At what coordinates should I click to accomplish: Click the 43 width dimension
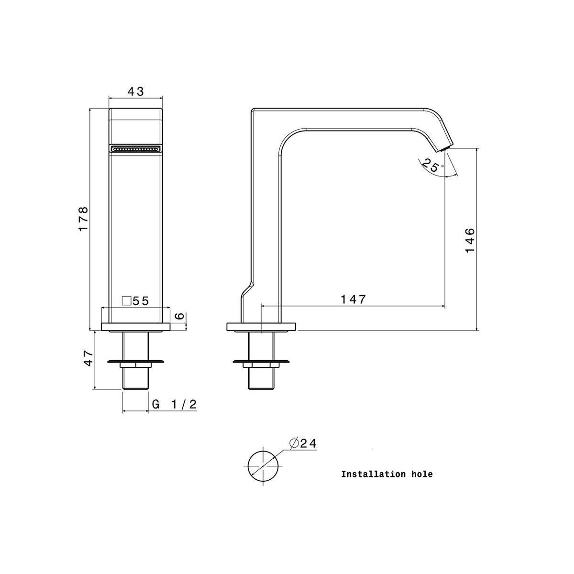[135, 91]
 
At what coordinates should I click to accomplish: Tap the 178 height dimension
[83, 218]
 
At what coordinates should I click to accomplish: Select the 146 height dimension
[470, 240]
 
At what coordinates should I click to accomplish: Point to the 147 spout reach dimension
[353, 299]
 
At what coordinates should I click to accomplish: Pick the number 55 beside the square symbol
[141, 301]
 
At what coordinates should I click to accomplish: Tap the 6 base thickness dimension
[179, 316]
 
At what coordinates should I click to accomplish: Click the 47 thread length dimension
[88, 358]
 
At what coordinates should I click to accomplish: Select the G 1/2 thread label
[174, 404]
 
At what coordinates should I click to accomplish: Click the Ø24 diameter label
[303, 452]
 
